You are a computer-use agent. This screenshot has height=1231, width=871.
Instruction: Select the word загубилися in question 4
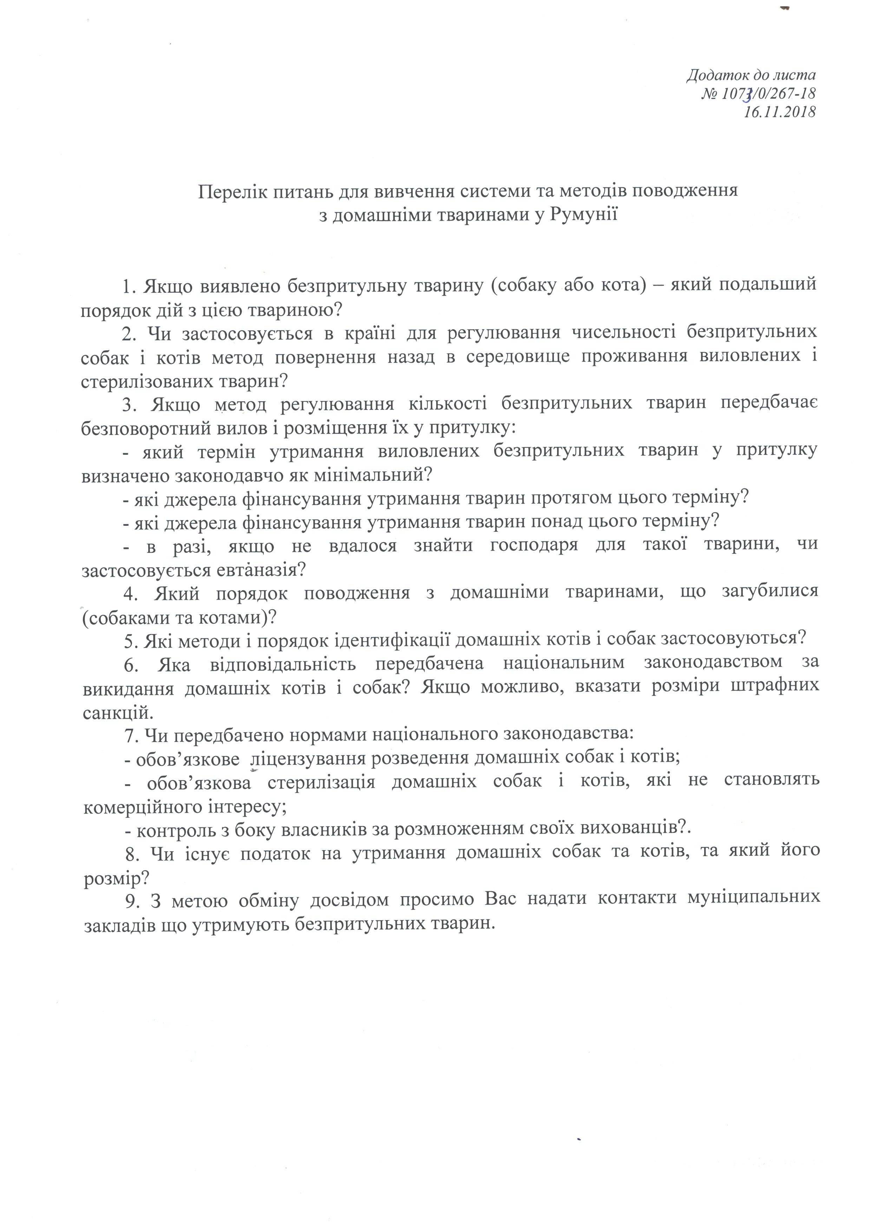[x=765, y=591]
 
